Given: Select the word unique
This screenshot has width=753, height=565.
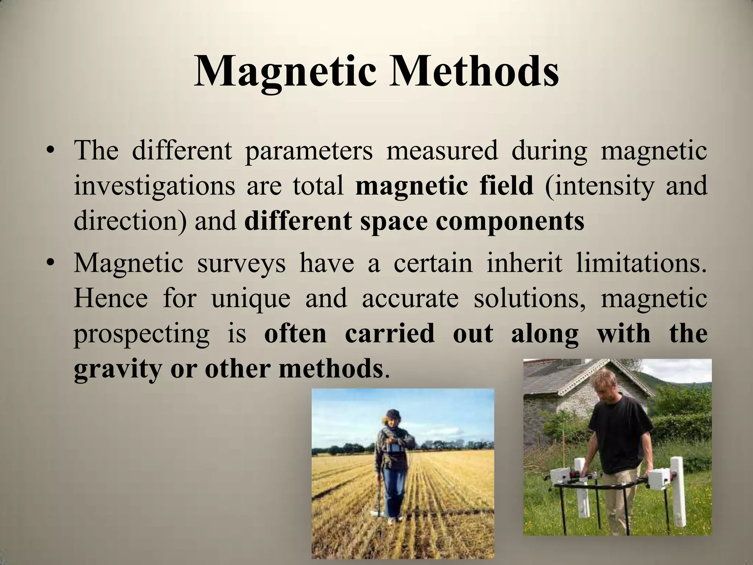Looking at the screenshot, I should point(251,299).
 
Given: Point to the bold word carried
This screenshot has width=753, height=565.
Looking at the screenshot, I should point(389,334).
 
